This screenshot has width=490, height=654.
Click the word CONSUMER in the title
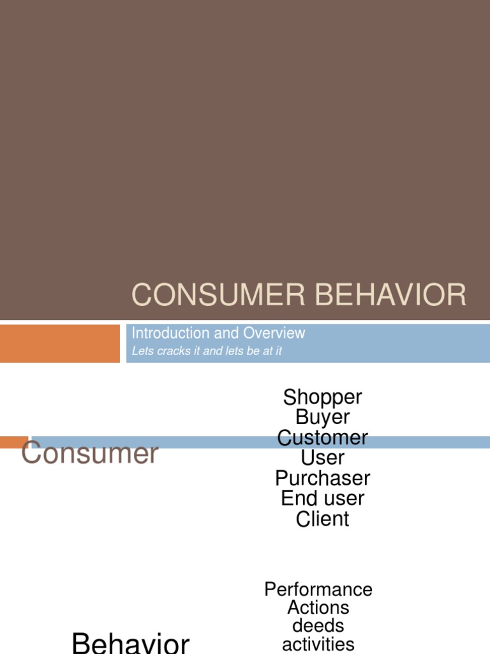tap(218, 294)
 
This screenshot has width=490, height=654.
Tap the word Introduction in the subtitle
tap(171, 333)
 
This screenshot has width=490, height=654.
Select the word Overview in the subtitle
tap(274, 333)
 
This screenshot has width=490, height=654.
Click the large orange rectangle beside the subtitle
tap(60, 343)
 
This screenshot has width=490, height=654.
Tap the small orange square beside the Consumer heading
tap(14, 442)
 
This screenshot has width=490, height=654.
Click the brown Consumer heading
tap(90, 453)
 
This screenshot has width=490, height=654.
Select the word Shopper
tap(322, 398)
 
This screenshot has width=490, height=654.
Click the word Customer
tap(322, 437)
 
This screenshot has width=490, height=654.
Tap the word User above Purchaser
tap(322, 457)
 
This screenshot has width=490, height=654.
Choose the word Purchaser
tap(322, 478)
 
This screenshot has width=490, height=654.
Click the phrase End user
tap(322, 498)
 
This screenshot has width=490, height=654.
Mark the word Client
tap(322, 519)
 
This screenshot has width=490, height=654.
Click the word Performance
tap(318, 589)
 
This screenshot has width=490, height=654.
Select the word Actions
tap(318, 607)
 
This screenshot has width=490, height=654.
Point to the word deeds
tap(318, 626)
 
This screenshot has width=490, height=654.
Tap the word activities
tap(318, 644)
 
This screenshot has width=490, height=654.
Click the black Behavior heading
tap(131, 643)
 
